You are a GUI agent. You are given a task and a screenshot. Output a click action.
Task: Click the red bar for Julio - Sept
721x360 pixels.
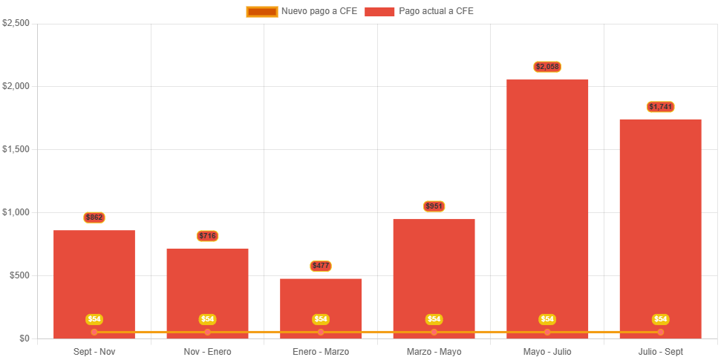coord(660,223)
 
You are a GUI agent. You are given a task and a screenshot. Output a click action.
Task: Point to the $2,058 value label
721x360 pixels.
coord(547,67)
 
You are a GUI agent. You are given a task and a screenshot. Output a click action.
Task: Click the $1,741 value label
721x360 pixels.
coord(660,107)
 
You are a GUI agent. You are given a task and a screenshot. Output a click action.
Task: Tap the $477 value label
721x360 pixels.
coord(321,266)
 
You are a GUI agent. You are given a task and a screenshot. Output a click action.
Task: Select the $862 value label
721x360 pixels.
coord(94,217)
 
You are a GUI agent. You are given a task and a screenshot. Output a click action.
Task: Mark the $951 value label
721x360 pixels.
coord(434,206)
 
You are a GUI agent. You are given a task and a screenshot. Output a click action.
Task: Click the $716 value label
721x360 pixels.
coord(207,236)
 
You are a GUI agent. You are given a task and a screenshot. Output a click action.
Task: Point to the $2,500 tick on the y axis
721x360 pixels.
coord(16,23)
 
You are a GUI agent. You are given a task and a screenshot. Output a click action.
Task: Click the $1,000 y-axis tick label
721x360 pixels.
coord(16,212)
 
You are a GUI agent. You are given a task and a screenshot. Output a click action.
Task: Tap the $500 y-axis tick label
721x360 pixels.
coord(19,275)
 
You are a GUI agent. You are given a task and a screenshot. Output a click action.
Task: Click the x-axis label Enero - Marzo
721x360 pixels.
coord(321,351)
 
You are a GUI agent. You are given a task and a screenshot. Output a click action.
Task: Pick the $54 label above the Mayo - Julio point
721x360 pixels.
coord(547,319)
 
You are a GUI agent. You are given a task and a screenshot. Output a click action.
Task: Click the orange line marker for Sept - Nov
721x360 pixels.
coord(94,332)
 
